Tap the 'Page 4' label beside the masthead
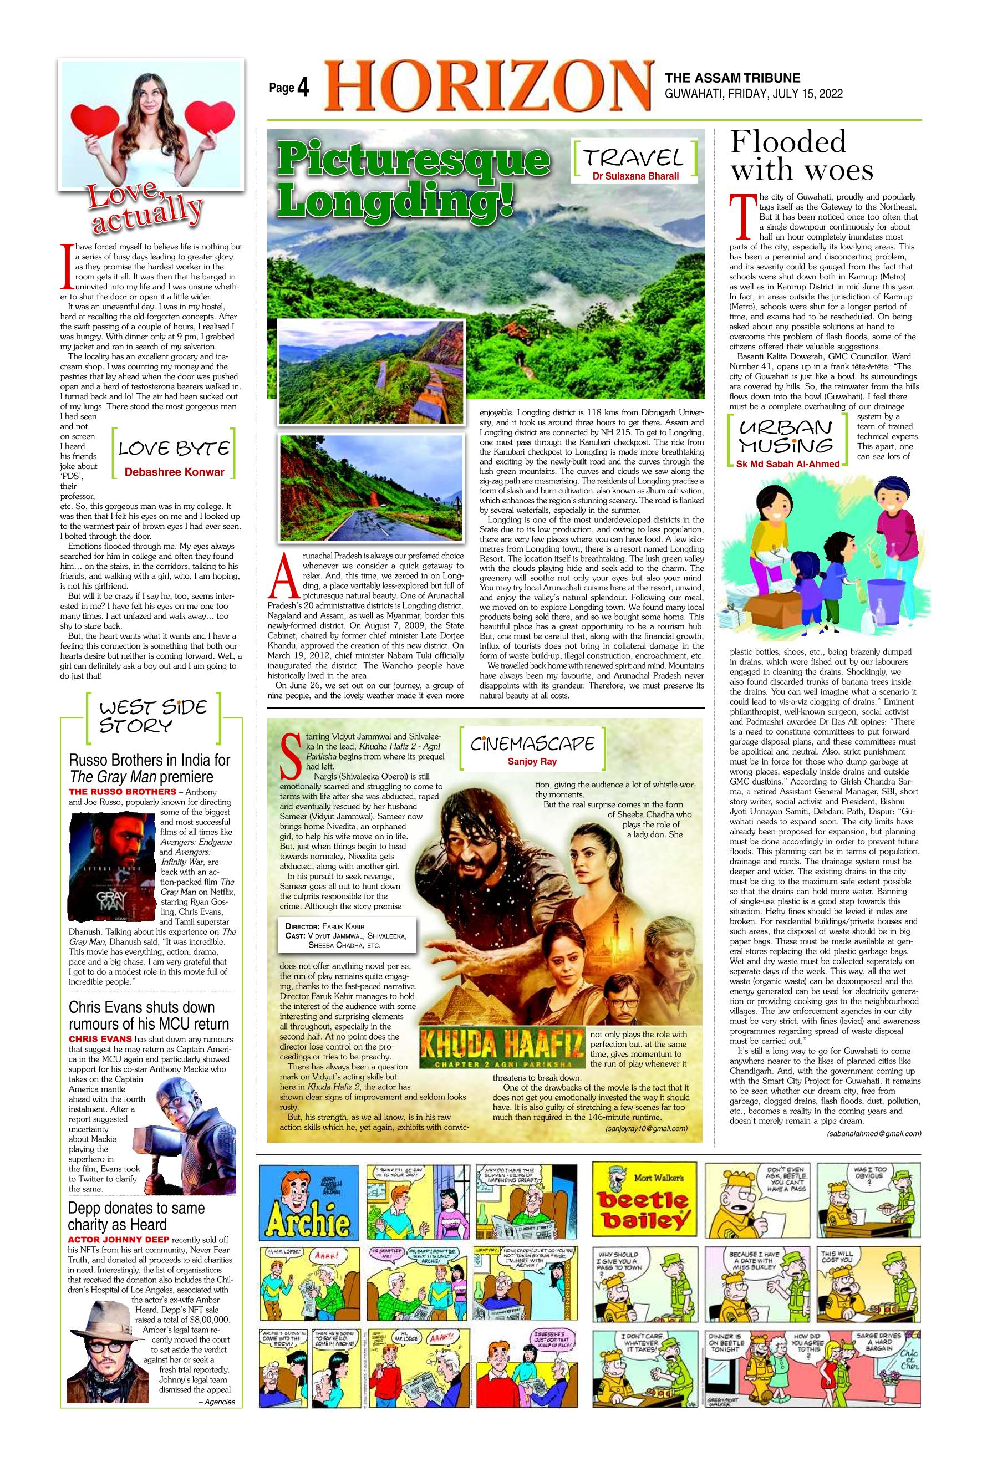coord(289,88)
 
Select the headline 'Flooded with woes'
coord(802,155)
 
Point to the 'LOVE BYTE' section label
coord(174,449)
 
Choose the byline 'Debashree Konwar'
coord(174,472)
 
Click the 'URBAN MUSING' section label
coord(786,437)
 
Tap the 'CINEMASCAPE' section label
coord(532,744)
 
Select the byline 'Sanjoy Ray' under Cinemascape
coord(532,762)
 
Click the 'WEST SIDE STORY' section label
coord(153,716)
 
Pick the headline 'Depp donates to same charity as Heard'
coord(136,1216)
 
